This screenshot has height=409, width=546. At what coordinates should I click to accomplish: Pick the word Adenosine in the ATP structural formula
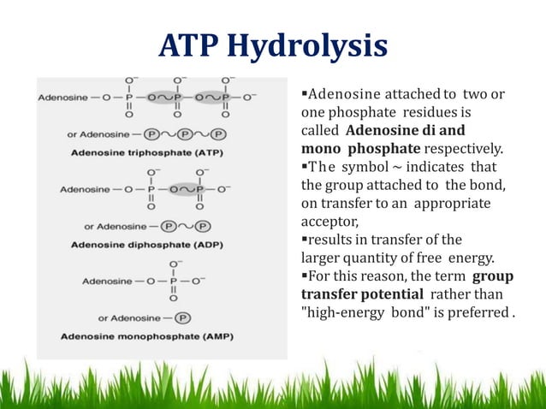point(62,98)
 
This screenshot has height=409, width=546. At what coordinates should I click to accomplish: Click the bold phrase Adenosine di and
point(405,131)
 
